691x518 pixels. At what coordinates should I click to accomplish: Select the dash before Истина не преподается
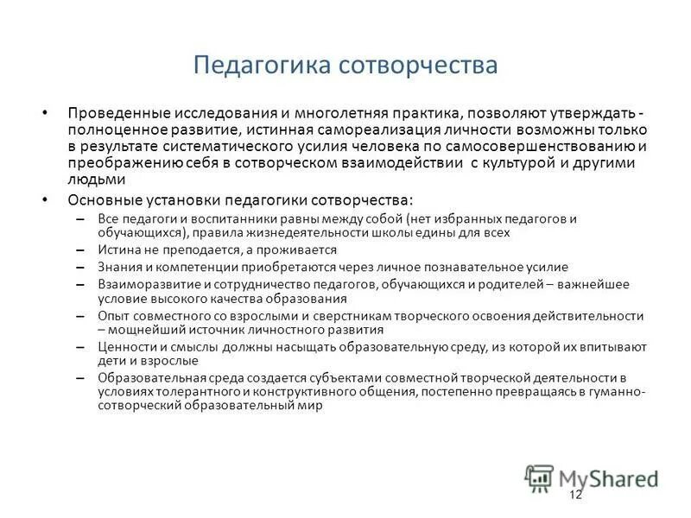pyautogui.click(x=80, y=250)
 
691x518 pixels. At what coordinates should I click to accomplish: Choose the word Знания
pyautogui.click(x=118, y=267)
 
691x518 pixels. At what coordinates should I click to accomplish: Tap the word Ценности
pyautogui.click(x=125, y=347)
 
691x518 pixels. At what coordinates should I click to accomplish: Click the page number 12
pyautogui.click(x=576, y=495)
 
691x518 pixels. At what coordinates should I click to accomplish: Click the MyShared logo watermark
pyautogui.click(x=591, y=477)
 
